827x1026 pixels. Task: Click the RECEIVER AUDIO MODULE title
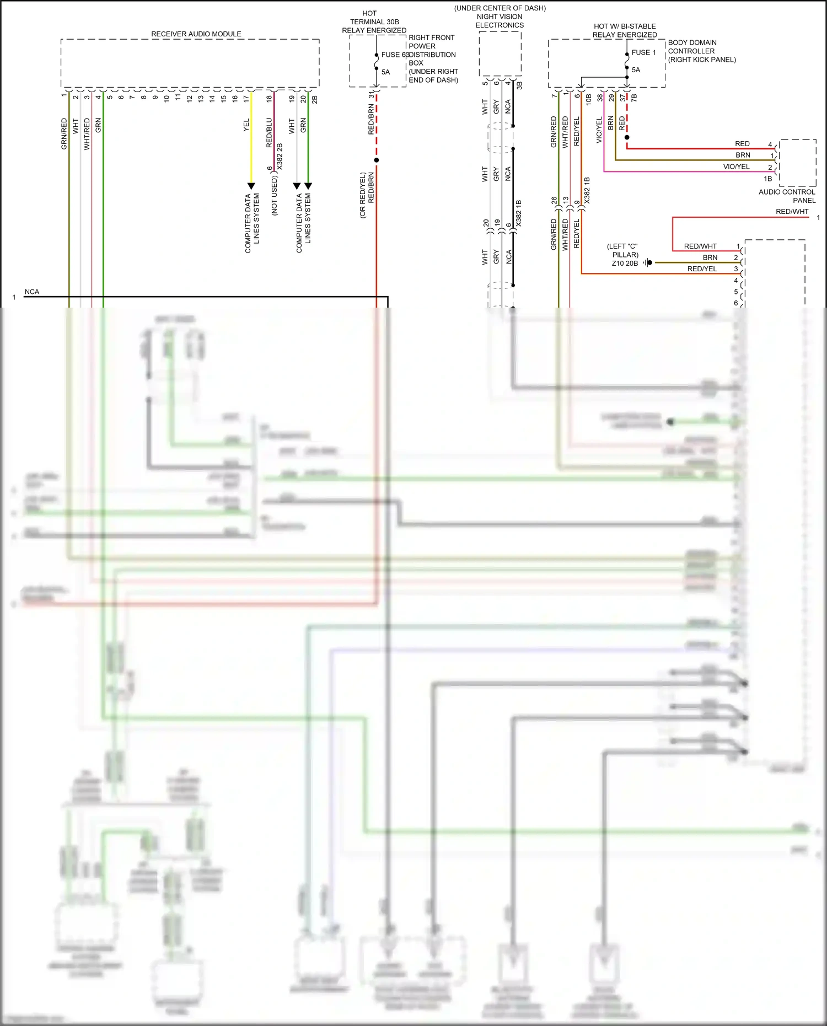click(x=196, y=34)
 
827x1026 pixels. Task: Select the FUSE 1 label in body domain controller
click(x=643, y=52)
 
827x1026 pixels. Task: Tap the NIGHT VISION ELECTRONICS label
click(x=500, y=20)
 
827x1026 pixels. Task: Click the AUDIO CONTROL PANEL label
click(x=787, y=196)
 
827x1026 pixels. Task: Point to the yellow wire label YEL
click(x=246, y=125)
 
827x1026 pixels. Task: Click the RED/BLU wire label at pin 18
click(x=269, y=132)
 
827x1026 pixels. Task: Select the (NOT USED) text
click(x=275, y=196)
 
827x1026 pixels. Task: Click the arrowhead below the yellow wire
click(x=251, y=186)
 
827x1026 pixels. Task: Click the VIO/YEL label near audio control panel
click(x=736, y=166)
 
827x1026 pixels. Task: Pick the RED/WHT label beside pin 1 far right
click(x=792, y=212)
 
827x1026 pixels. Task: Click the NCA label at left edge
click(x=32, y=292)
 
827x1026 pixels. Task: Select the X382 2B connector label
click(x=280, y=156)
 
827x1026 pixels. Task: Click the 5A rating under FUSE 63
click(x=385, y=72)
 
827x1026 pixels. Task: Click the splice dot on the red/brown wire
click(x=377, y=160)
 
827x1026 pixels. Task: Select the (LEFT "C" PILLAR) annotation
click(x=624, y=251)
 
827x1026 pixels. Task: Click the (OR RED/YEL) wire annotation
click(x=363, y=195)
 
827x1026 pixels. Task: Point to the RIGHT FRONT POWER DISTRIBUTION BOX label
click(x=432, y=58)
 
